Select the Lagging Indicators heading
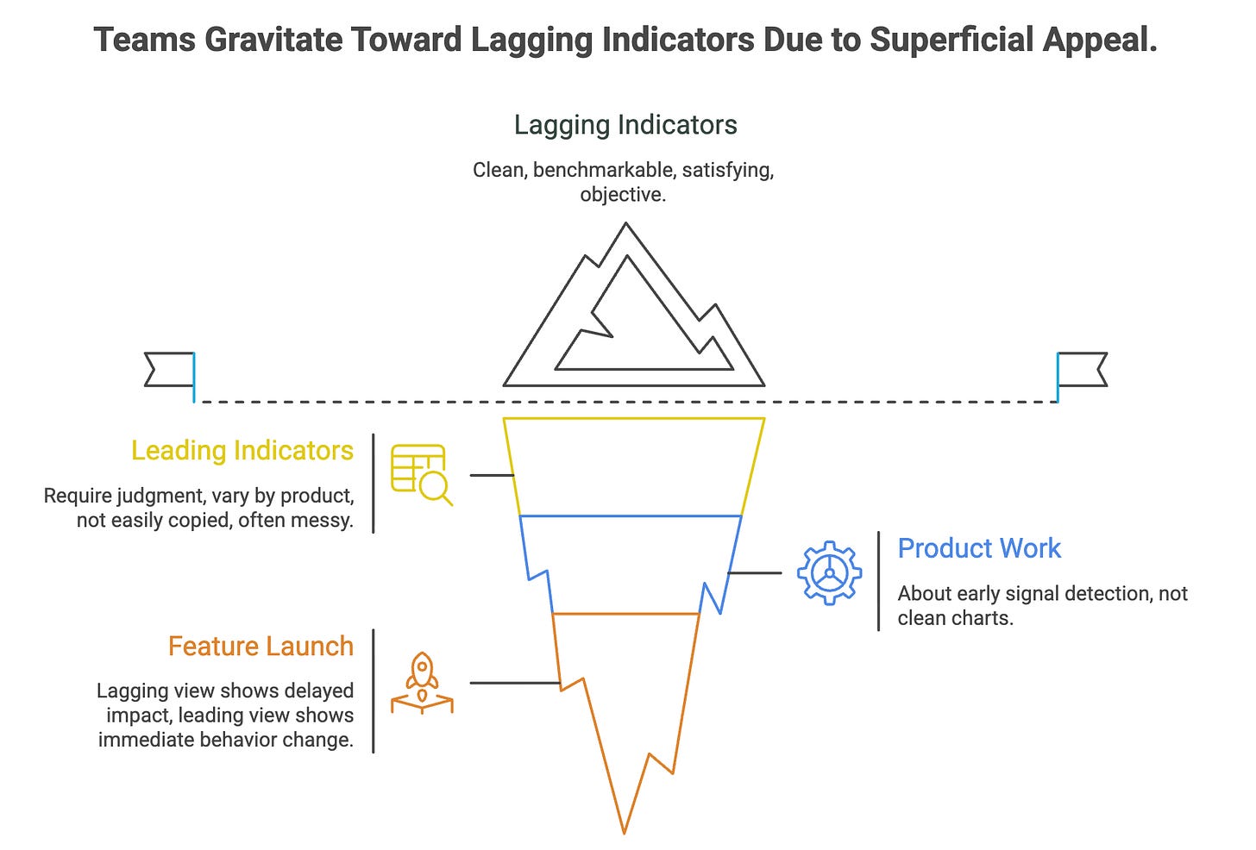[625, 125]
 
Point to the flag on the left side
[170, 369]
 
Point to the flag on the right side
[1082, 369]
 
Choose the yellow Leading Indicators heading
[242, 451]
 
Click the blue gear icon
[829, 572]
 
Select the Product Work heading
[979, 548]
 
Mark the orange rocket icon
[422, 683]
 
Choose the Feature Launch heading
[261, 647]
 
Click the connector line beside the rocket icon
[515, 683]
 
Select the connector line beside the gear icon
[755, 572]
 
